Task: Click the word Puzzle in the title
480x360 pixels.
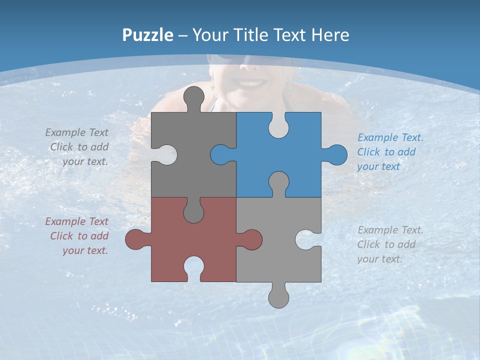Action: click(147, 35)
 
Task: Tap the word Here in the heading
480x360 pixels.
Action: click(330, 35)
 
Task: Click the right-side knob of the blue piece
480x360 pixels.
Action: click(336, 154)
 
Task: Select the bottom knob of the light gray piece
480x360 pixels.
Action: click(278, 297)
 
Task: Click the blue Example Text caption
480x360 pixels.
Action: click(390, 152)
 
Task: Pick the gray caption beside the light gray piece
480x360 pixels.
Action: click(389, 244)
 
